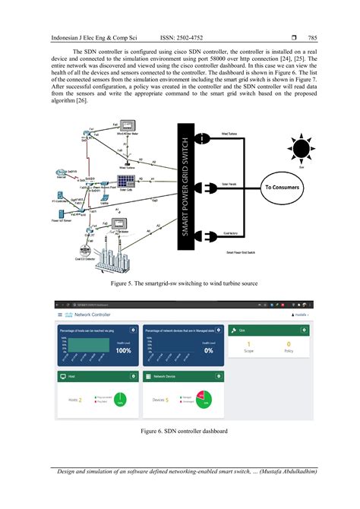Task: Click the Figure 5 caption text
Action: coord(179,283)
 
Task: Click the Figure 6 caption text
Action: coord(179,431)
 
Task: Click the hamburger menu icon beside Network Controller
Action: coord(60,314)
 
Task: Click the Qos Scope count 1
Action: coord(248,344)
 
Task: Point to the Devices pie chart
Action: coord(202,398)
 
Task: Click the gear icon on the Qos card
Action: coord(305,330)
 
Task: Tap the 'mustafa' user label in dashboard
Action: coord(301,314)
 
